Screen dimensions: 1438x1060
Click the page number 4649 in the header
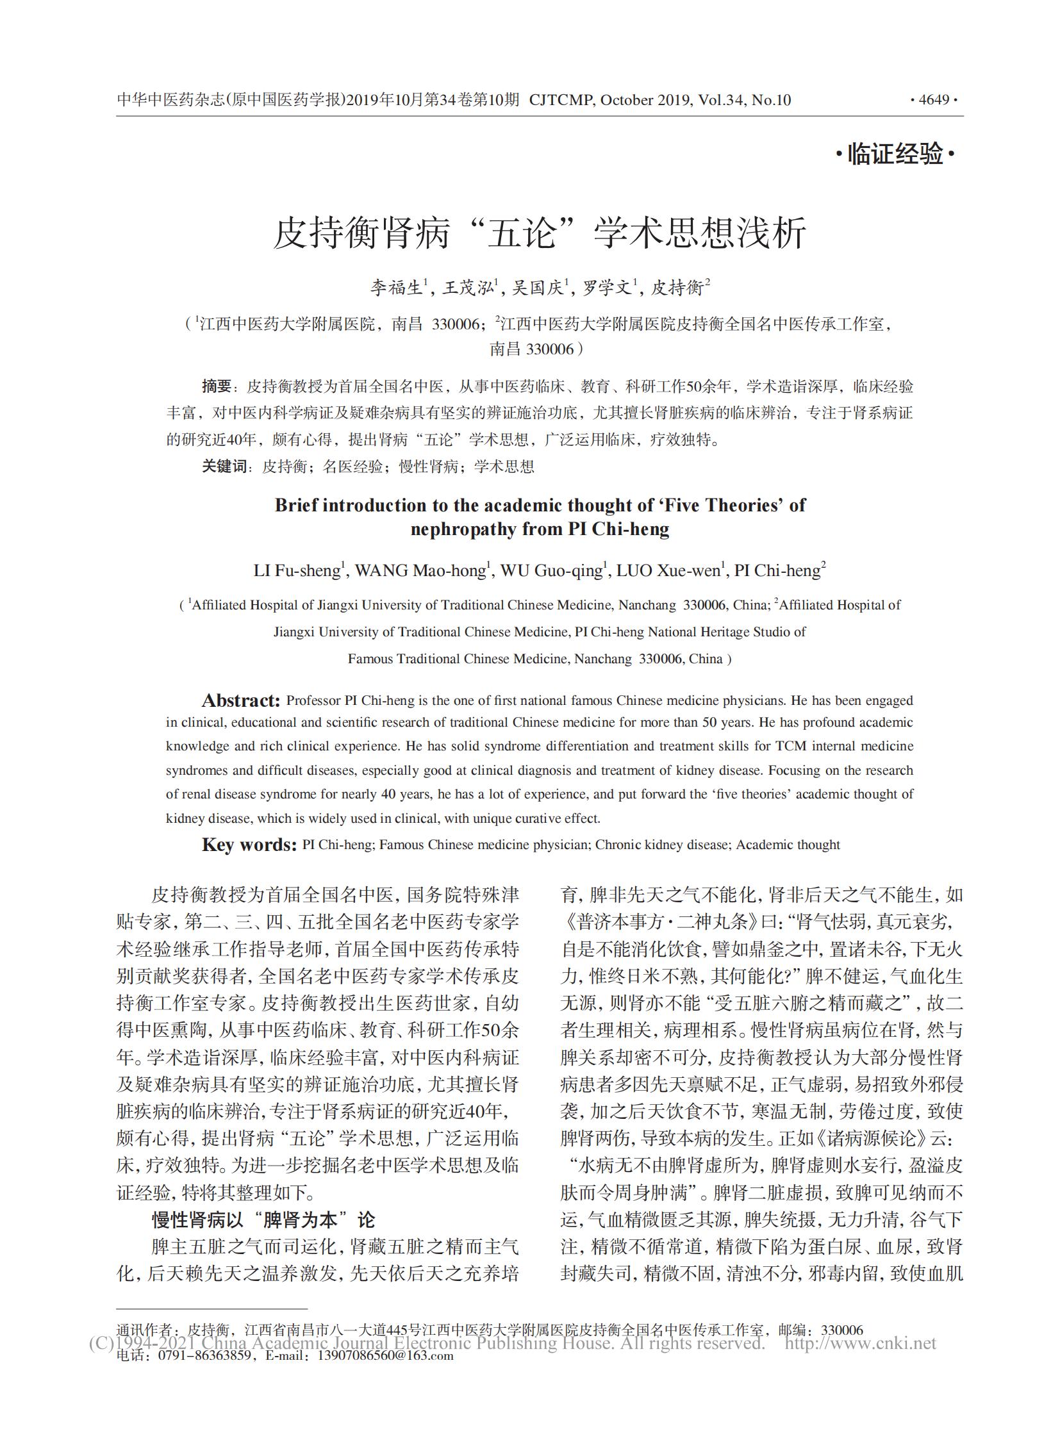[x=934, y=100]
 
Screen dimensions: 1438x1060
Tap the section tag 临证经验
[x=895, y=154]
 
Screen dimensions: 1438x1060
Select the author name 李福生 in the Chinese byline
[x=396, y=288]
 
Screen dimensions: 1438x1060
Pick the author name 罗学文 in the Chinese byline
[x=607, y=288]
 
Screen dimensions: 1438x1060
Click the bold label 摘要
[x=216, y=386]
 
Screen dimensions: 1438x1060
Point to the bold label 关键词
[x=224, y=467]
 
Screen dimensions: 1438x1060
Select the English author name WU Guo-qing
[x=551, y=570]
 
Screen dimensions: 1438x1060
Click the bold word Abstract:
[x=240, y=700]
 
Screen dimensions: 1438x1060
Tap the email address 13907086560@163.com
[x=385, y=1356]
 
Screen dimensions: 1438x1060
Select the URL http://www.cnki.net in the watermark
[x=861, y=1343]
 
